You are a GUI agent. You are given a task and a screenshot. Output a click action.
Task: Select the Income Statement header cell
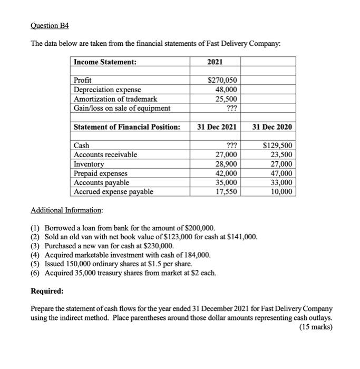tap(105, 62)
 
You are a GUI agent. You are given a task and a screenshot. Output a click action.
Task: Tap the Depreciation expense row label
tap(107, 90)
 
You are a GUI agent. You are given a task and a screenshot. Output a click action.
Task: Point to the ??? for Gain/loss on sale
tap(231, 109)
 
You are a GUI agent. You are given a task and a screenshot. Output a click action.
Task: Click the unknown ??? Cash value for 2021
tap(231, 145)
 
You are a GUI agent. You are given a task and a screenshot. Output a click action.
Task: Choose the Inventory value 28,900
tap(227, 164)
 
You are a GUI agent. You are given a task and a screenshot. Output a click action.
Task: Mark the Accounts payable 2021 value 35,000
tap(227, 182)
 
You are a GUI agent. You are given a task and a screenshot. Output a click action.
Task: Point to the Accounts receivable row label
tap(105, 154)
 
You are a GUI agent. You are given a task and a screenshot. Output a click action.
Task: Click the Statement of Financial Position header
tap(127, 127)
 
